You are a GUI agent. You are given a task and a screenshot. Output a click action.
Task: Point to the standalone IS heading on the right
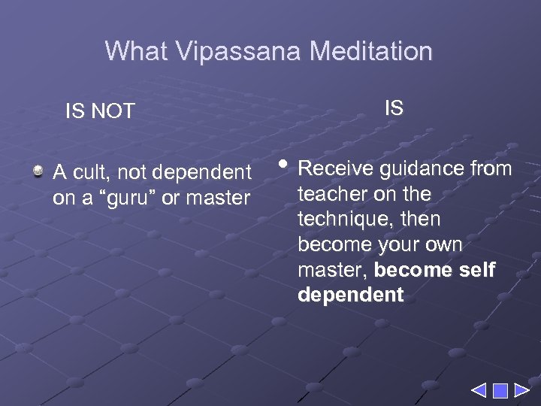(394, 108)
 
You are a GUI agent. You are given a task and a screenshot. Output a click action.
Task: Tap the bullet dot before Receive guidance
(283, 163)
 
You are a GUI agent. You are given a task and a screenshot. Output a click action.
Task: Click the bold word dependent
(350, 295)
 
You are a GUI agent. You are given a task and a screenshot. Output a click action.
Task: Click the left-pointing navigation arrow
(479, 390)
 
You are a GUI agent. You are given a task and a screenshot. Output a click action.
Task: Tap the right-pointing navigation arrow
(521, 390)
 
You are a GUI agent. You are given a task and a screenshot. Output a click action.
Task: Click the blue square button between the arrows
(500, 390)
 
